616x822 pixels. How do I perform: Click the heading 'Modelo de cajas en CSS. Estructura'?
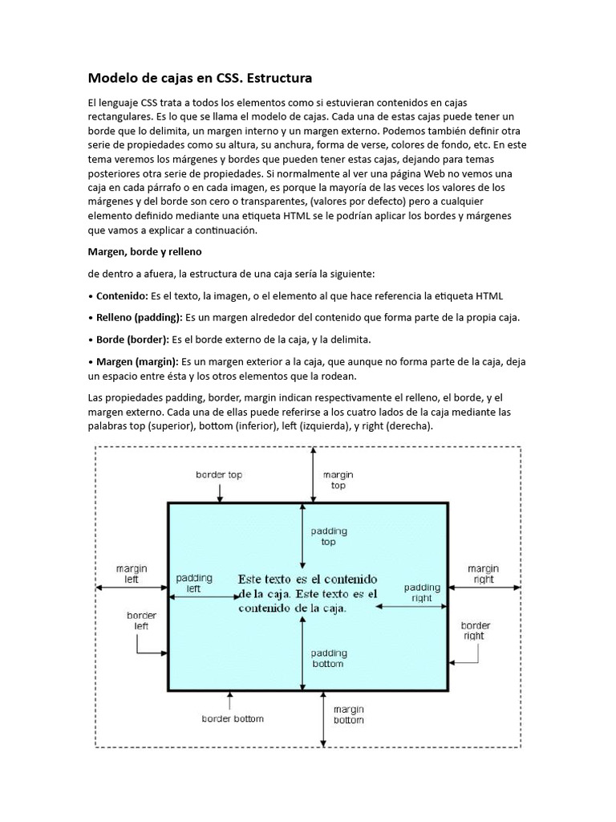pos(199,79)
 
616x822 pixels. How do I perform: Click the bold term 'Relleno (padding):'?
pos(136,317)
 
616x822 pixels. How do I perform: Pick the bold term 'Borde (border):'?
pos(128,339)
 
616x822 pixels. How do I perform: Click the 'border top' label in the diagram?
pos(219,474)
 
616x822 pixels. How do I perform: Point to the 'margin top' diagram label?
pos(338,480)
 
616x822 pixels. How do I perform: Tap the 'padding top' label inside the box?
pos(328,536)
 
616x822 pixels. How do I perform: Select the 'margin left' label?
pos(131,572)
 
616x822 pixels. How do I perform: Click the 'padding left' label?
pos(194,583)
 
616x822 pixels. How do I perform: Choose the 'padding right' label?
pos(422,592)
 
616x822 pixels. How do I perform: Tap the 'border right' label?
pos(475,630)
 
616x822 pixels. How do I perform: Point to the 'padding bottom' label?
pos(327,658)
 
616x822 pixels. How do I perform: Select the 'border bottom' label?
pos(233,718)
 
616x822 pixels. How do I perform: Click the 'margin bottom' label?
pos(348,714)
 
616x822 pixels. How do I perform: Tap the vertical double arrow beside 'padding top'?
pos(302,536)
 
